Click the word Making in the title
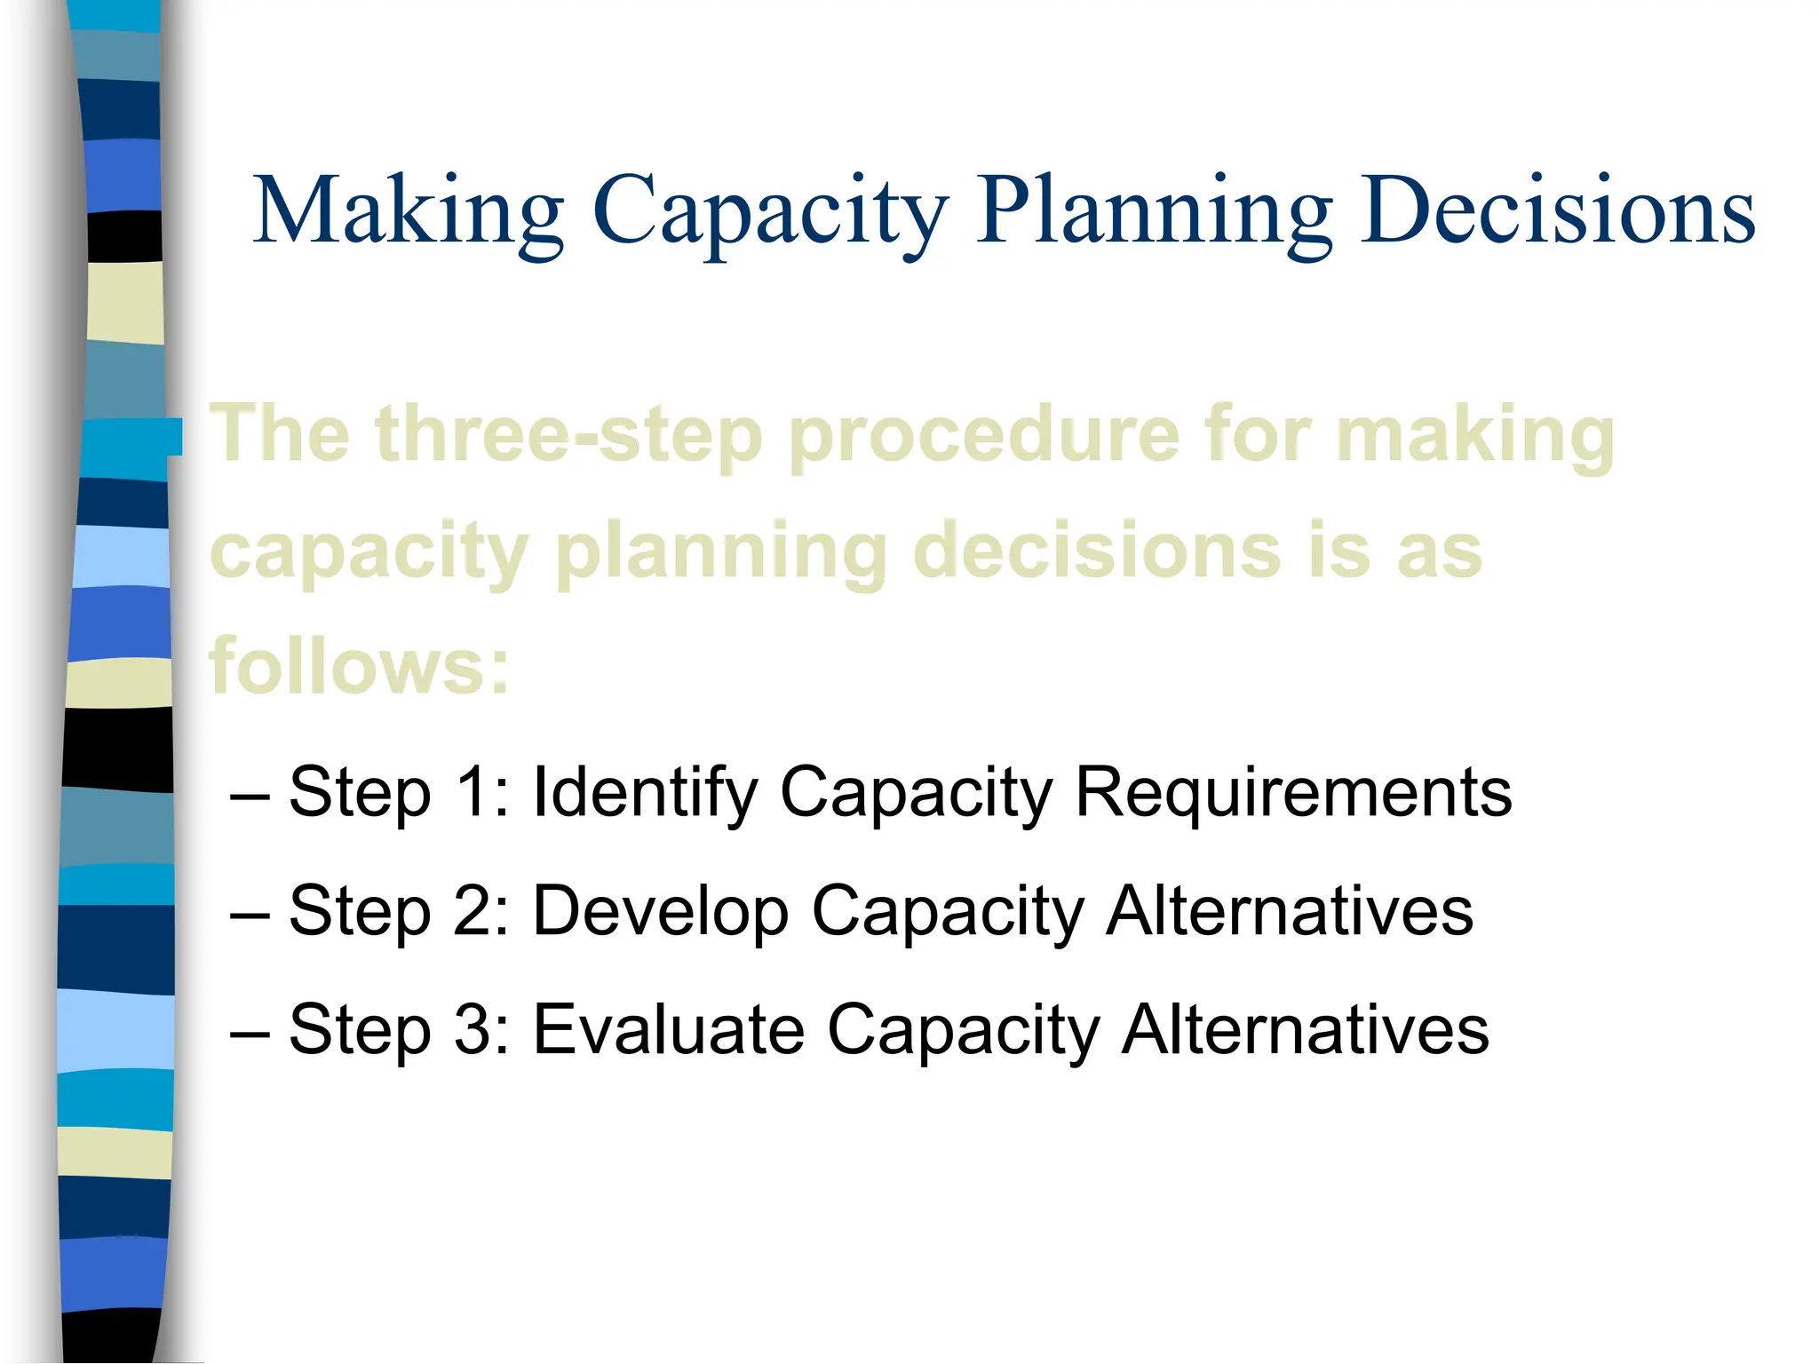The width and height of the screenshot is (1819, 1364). tap(409, 211)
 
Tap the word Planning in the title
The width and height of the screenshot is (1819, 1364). tap(1154, 211)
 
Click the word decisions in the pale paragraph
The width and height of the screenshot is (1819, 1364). tap(1097, 551)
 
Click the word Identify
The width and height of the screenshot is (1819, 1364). tap(644, 793)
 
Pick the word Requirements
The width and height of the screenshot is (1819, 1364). tap(1293, 793)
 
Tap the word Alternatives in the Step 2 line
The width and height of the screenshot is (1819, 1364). tap(1289, 910)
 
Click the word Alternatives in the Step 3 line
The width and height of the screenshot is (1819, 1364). tap(1305, 1029)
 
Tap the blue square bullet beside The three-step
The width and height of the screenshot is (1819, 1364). tap(175, 437)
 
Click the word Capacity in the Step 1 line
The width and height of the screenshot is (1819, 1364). tap(916, 793)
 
